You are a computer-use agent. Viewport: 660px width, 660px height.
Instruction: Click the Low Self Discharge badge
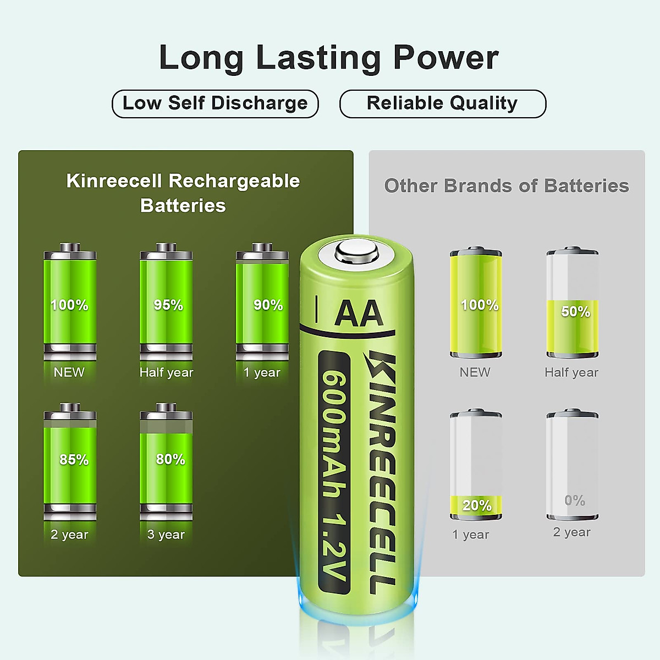click(x=215, y=103)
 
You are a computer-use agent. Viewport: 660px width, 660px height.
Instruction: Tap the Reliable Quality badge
click(x=442, y=103)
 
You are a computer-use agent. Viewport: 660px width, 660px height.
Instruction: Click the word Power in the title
click(x=446, y=57)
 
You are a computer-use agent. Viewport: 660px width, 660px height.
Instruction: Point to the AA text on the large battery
click(x=359, y=313)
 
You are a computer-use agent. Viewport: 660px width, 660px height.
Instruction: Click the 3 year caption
click(x=166, y=535)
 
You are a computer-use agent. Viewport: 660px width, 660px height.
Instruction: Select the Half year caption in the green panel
click(x=166, y=372)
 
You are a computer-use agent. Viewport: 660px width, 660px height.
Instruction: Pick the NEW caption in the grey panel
click(x=475, y=372)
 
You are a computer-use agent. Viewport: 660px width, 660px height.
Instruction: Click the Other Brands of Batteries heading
click(x=506, y=186)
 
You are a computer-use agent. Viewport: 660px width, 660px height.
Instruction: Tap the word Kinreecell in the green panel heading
click(x=114, y=181)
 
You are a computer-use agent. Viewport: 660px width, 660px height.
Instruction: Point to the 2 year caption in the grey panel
click(x=571, y=532)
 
